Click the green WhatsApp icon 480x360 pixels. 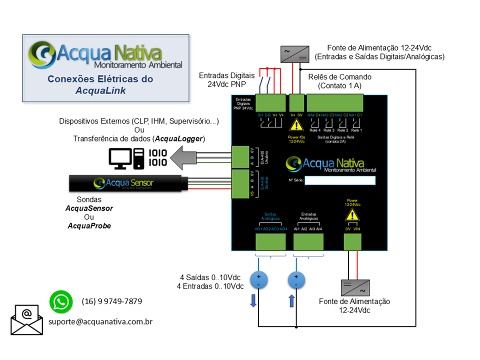click(x=61, y=302)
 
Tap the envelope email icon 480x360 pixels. click(x=27, y=319)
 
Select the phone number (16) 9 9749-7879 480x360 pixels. click(x=111, y=301)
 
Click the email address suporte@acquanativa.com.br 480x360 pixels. click(x=100, y=321)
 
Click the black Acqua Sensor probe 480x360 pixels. click(x=128, y=183)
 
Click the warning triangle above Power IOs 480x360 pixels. click(x=296, y=125)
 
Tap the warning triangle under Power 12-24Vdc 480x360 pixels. click(x=353, y=215)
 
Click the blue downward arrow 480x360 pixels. click(x=253, y=300)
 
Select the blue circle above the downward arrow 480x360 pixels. click(x=258, y=280)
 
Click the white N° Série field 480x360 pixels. click(x=340, y=180)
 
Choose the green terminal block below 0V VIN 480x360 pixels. click(x=353, y=242)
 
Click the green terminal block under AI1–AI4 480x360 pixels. click(x=308, y=242)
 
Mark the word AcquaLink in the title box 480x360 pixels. click(x=100, y=90)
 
